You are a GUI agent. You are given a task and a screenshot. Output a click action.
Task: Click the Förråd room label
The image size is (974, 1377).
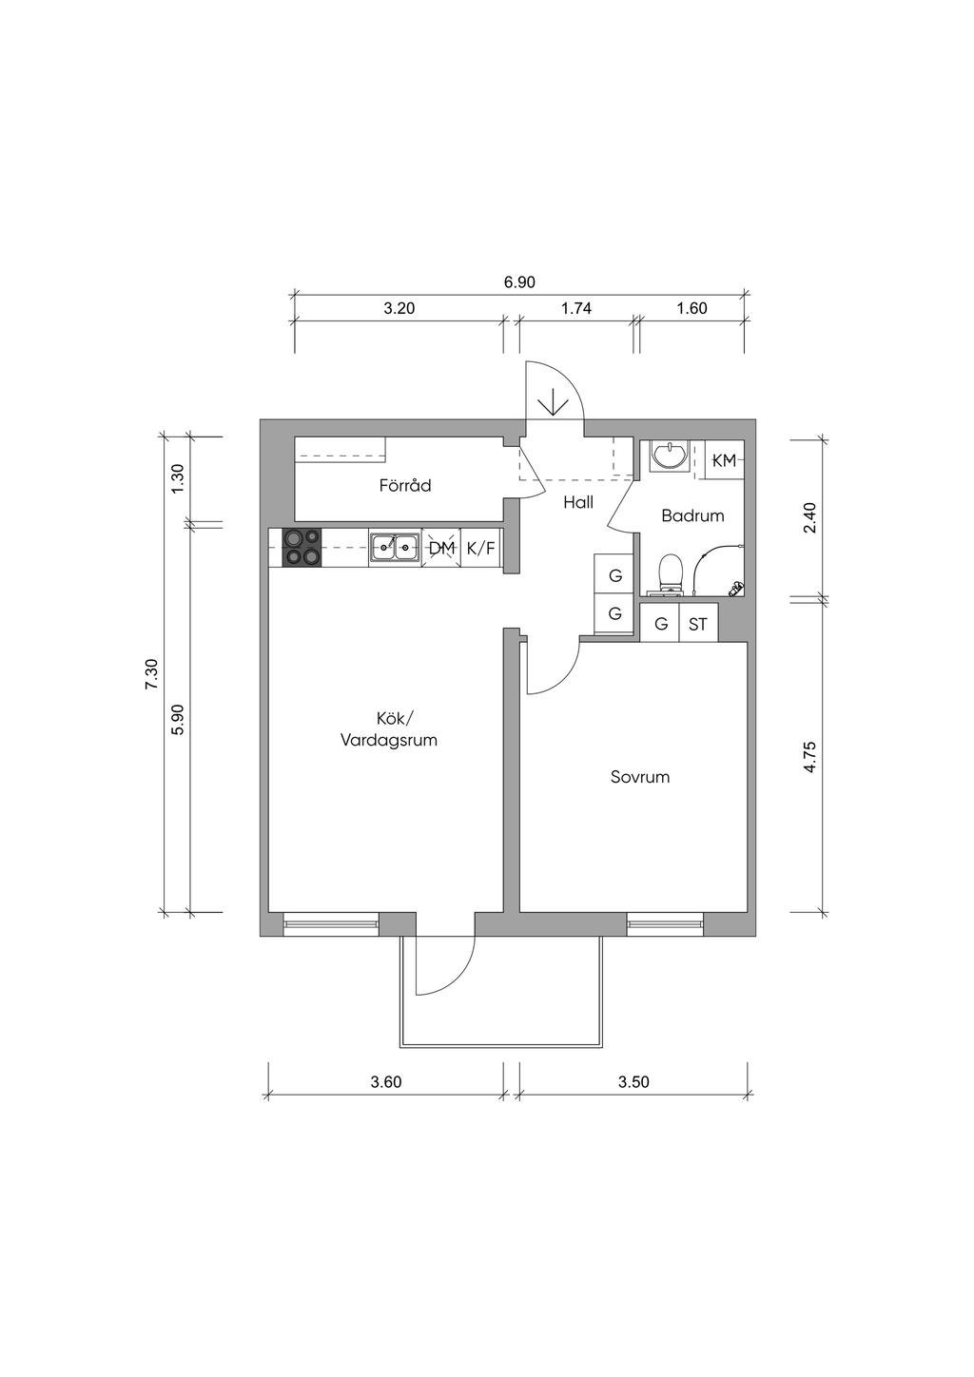[x=405, y=486]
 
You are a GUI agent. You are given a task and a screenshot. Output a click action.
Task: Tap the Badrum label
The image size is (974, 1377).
[x=692, y=515]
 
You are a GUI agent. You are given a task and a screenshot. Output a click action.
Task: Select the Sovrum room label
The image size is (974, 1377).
[x=639, y=777]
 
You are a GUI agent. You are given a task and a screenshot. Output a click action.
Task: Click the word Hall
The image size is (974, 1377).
[x=578, y=502]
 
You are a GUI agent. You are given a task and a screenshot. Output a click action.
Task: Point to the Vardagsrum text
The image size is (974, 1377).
[x=389, y=740]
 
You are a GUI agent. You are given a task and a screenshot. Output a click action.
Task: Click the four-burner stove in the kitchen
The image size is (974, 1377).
[x=302, y=548]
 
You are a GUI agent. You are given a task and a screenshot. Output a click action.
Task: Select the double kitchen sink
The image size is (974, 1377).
[x=395, y=549]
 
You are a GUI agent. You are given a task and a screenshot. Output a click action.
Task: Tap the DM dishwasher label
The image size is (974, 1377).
[x=441, y=548]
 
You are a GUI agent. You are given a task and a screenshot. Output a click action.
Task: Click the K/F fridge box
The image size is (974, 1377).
[x=481, y=548]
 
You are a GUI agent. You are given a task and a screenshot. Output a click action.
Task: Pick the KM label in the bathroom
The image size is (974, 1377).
[x=724, y=460]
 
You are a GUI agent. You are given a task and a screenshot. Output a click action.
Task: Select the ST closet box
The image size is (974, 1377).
[x=698, y=624]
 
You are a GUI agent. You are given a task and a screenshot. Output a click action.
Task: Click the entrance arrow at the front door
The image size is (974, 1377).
[x=554, y=404]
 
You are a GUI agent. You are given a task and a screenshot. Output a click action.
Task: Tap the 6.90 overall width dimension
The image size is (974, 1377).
[x=519, y=282]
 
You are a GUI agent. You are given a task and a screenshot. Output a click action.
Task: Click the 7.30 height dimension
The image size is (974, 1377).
[x=151, y=674]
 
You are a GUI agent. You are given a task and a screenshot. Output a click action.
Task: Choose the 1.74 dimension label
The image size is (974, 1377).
[x=576, y=308]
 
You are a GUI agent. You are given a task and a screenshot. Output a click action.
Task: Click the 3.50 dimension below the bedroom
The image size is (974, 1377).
[x=633, y=1082]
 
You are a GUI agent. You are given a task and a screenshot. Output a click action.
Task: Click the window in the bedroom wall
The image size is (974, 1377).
[x=665, y=924]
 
